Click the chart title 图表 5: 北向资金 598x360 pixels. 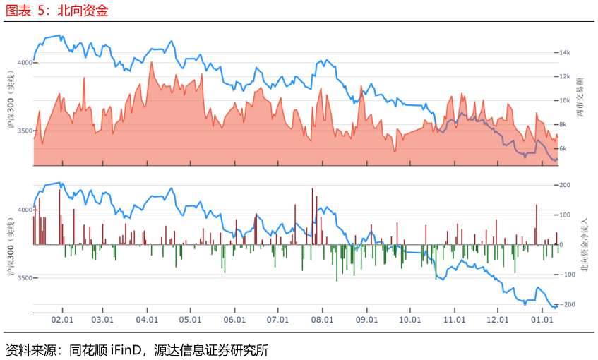[x=56, y=11]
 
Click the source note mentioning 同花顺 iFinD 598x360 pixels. [x=137, y=349]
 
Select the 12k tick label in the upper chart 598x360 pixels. [x=564, y=77]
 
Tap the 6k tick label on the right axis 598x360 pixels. [x=563, y=149]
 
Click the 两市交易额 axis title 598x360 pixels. [x=580, y=97]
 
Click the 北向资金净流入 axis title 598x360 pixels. [x=585, y=245]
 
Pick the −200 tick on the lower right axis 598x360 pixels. [x=567, y=304]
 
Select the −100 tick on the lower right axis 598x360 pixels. [x=567, y=275]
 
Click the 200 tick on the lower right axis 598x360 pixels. [x=565, y=185]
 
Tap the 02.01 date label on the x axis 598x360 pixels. [x=62, y=320]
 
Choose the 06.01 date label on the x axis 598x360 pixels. [x=234, y=320]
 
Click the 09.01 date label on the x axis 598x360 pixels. [x=367, y=320]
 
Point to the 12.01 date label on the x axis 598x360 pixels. [x=498, y=320]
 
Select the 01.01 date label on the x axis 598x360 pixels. [x=542, y=320]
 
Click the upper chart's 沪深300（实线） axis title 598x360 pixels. [x=11, y=99]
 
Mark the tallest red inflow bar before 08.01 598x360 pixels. [x=312, y=216]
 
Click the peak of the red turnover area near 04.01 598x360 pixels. [x=152, y=62]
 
